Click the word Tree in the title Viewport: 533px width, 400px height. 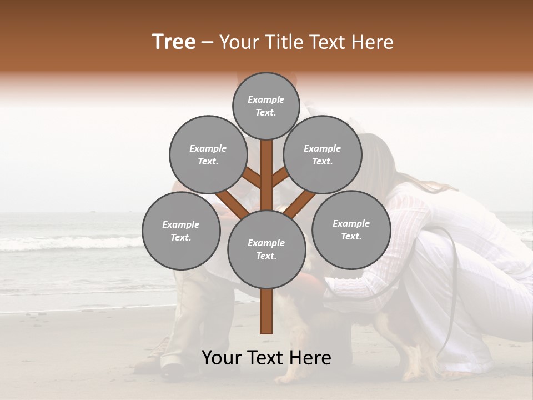pyautogui.click(x=174, y=42)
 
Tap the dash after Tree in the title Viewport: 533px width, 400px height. pyautogui.click(x=208, y=43)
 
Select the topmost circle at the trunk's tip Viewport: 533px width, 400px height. pyautogui.click(x=266, y=106)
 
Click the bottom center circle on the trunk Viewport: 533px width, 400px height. pyautogui.click(x=266, y=249)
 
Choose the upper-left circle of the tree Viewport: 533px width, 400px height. pyautogui.click(x=208, y=155)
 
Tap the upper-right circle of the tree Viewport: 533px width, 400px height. pyautogui.click(x=323, y=155)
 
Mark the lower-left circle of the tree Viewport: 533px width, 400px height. pyautogui.click(x=181, y=231)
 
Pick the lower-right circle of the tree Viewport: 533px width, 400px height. pyautogui.click(x=351, y=230)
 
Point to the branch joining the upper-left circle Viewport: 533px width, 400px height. pyautogui.click(x=251, y=178)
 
